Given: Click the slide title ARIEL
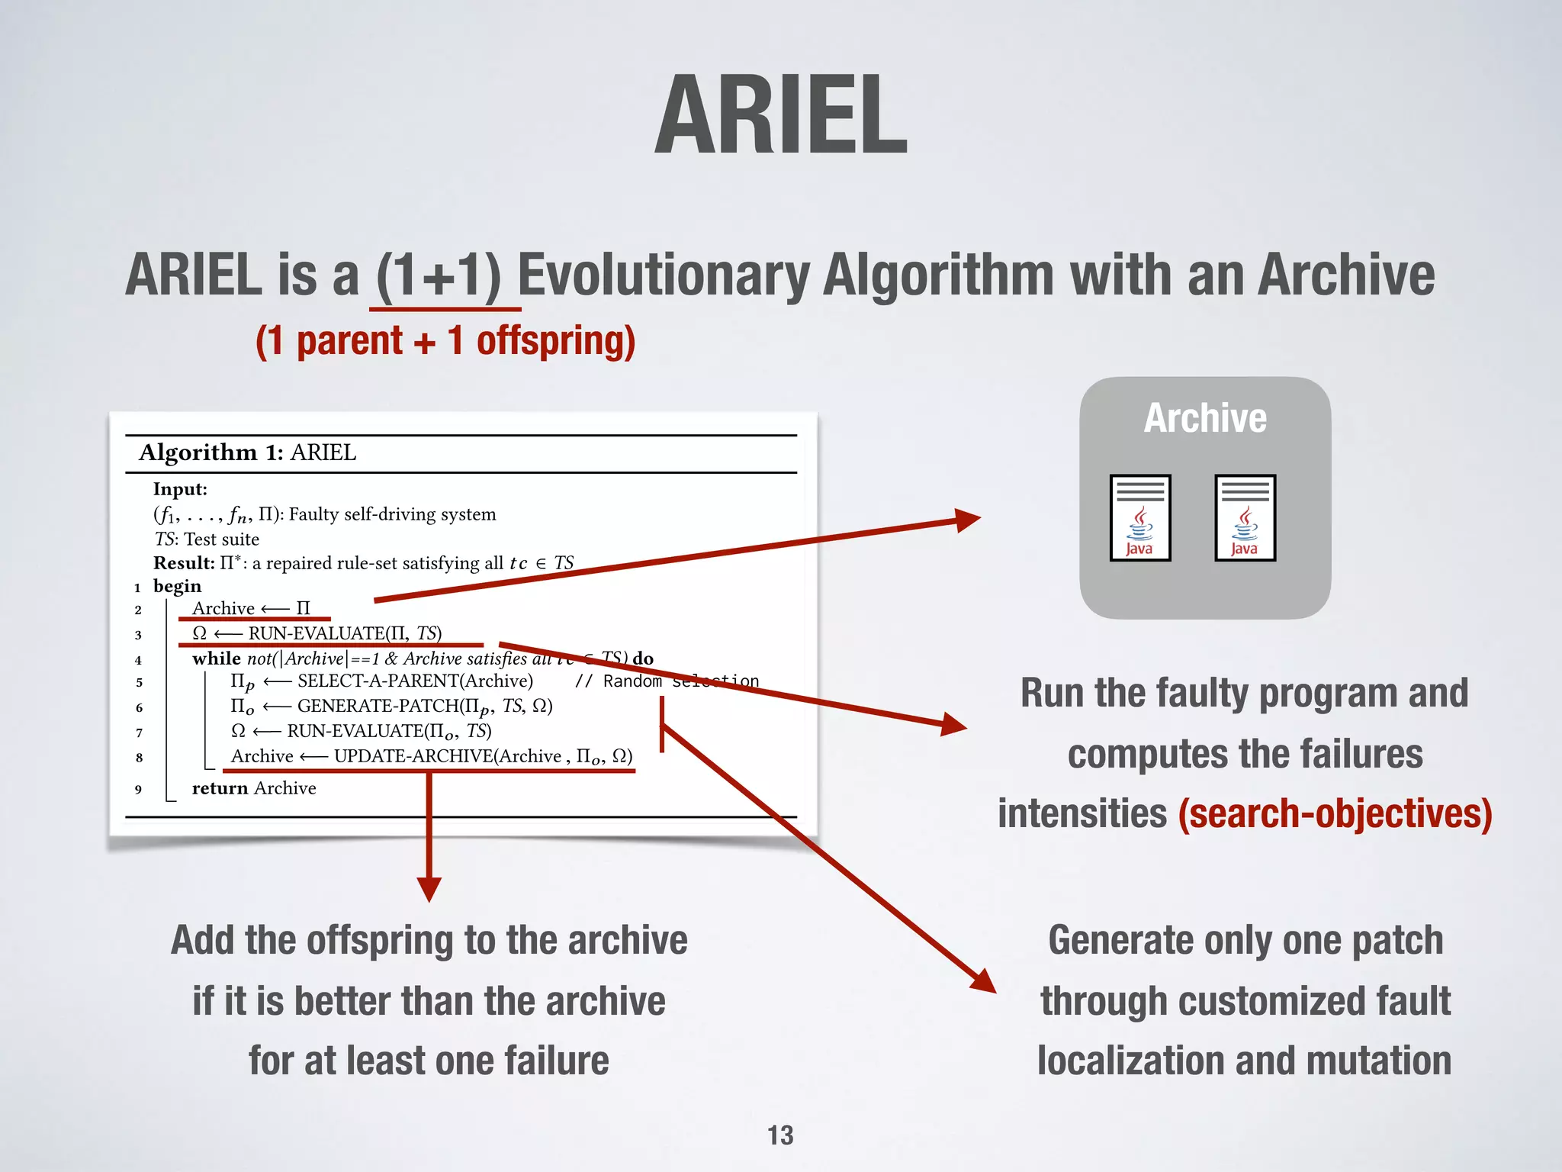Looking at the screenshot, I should (x=781, y=116).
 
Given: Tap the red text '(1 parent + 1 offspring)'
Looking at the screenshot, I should (x=445, y=340).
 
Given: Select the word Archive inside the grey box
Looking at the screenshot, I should (x=1205, y=418).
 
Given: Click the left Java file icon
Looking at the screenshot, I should (x=1140, y=518).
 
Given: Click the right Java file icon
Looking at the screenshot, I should (x=1245, y=518).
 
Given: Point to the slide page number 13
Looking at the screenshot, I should (x=780, y=1135).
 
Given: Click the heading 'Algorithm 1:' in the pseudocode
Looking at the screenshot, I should (x=211, y=452).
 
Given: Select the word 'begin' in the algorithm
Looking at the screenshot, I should (x=177, y=586).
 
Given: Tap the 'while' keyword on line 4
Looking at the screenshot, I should (x=216, y=658).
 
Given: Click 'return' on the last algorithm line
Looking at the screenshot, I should (x=220, y=788).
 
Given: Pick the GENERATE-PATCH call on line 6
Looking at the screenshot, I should (x=378, y=706).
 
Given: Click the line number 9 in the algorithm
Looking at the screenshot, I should (x=138, y=789).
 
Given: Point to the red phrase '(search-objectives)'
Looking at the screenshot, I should (x=1335, y=813).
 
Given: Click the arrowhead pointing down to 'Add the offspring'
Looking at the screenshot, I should (x=429, y=889).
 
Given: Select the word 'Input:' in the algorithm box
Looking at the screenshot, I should (x=180, y=489).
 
